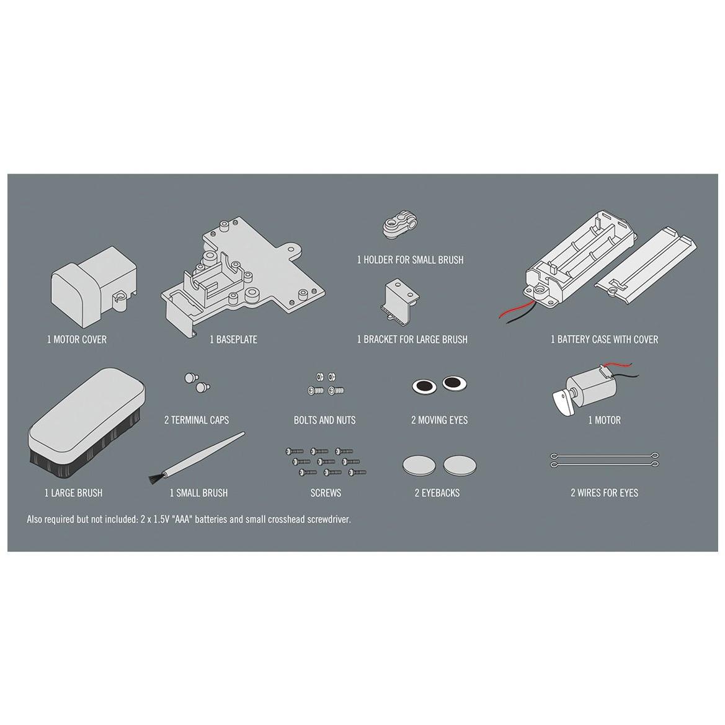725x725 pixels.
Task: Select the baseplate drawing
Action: point(242,277)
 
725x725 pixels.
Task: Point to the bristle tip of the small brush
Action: point(152,479)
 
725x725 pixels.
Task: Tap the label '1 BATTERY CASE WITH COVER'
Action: point(604,339)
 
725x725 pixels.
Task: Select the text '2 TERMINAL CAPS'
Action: point(197,420)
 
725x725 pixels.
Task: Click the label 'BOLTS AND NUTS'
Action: point(324,420)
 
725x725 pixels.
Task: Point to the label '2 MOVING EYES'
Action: point(439,420)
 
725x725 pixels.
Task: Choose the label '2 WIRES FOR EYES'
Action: point(604,492)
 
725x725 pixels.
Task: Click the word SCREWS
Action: point(326,492)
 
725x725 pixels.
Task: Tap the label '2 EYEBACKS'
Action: point(437,492)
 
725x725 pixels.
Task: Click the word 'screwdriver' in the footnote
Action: point(327,519)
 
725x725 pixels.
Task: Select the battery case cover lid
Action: point(646,265)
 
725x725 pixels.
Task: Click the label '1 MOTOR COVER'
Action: point(76,339)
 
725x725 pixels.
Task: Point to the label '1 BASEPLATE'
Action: point(233,339)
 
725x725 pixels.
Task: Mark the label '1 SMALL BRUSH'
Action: point(198,492)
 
